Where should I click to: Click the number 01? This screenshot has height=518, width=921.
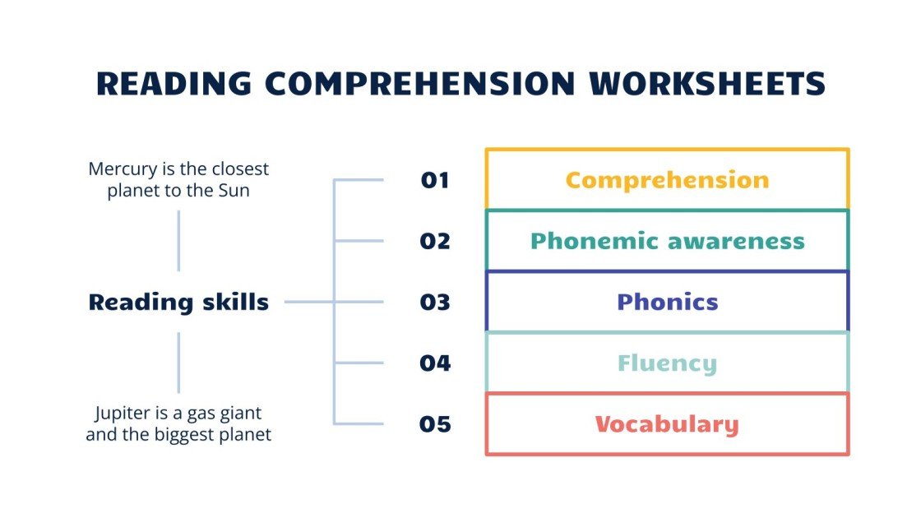[435, 180]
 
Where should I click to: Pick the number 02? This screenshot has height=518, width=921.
[435, 241]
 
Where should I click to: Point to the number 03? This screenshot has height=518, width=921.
[435, 303]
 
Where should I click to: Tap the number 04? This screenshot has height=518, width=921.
[435, 363]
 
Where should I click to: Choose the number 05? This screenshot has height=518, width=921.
[435, 424]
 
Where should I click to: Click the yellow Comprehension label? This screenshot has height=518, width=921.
[667, 180]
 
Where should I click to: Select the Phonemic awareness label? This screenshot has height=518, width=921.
[667, 241]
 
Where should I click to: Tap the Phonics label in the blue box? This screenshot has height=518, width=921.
[667, 303]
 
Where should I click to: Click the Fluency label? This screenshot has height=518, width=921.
[667, 363]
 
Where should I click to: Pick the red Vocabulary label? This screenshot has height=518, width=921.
[667, 424]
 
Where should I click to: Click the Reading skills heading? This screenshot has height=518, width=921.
[178, 303]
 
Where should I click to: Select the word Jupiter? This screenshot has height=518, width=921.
[121, 413]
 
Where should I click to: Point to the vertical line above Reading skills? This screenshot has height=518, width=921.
[178, 240]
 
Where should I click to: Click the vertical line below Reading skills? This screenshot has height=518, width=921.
[178, 363]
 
